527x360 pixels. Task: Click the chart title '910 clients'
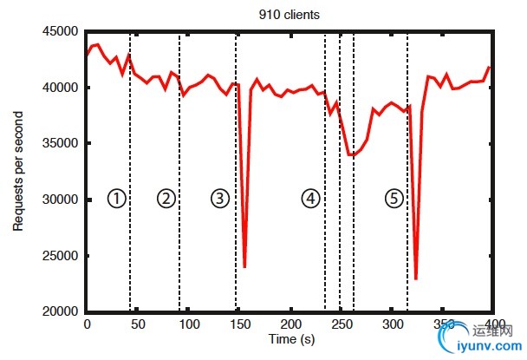click(x=290, y=14)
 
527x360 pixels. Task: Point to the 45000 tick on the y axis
click(x=62, y=32)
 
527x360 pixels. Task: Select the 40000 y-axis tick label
click(x=62, y=88)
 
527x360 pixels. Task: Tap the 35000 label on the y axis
click(x=62, y=144)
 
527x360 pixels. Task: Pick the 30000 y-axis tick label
click(x=62, y=200)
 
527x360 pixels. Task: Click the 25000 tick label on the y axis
click(x=62, y=256)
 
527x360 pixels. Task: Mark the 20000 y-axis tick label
click(x=62, y=311)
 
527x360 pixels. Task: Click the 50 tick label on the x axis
click(x=137, y=324)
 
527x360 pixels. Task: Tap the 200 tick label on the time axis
click(x=290, y=324)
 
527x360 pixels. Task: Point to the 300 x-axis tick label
click(x=393, y=324)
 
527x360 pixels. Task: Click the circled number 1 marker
click(x=117, y=199)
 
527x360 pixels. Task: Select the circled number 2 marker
click(x=166, y=199)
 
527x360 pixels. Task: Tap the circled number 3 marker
click(x=220, y=199)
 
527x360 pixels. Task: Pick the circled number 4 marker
click(x=310, y=199)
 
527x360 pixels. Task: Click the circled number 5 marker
click(x=394, y=199)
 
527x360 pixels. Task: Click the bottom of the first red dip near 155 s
click(x=245, y=266)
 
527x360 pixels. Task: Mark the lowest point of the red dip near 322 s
click(x=416, y=278)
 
